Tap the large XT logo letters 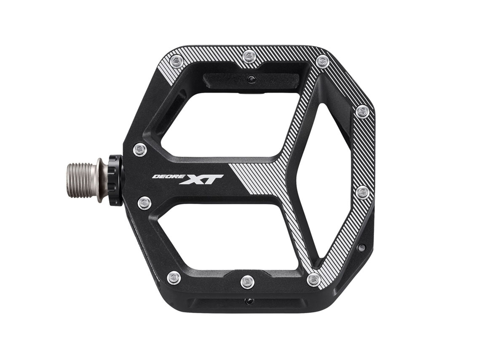(201, 179)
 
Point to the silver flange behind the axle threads (100, 180)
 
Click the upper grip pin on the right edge (362, 112)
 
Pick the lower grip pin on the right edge (362, 192)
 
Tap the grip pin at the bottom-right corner (314, 280)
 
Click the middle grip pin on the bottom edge (247, 281)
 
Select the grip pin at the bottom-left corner (174, 278)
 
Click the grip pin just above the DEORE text (140, 149)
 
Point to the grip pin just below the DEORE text (145, 203)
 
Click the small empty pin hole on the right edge (361, 248)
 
